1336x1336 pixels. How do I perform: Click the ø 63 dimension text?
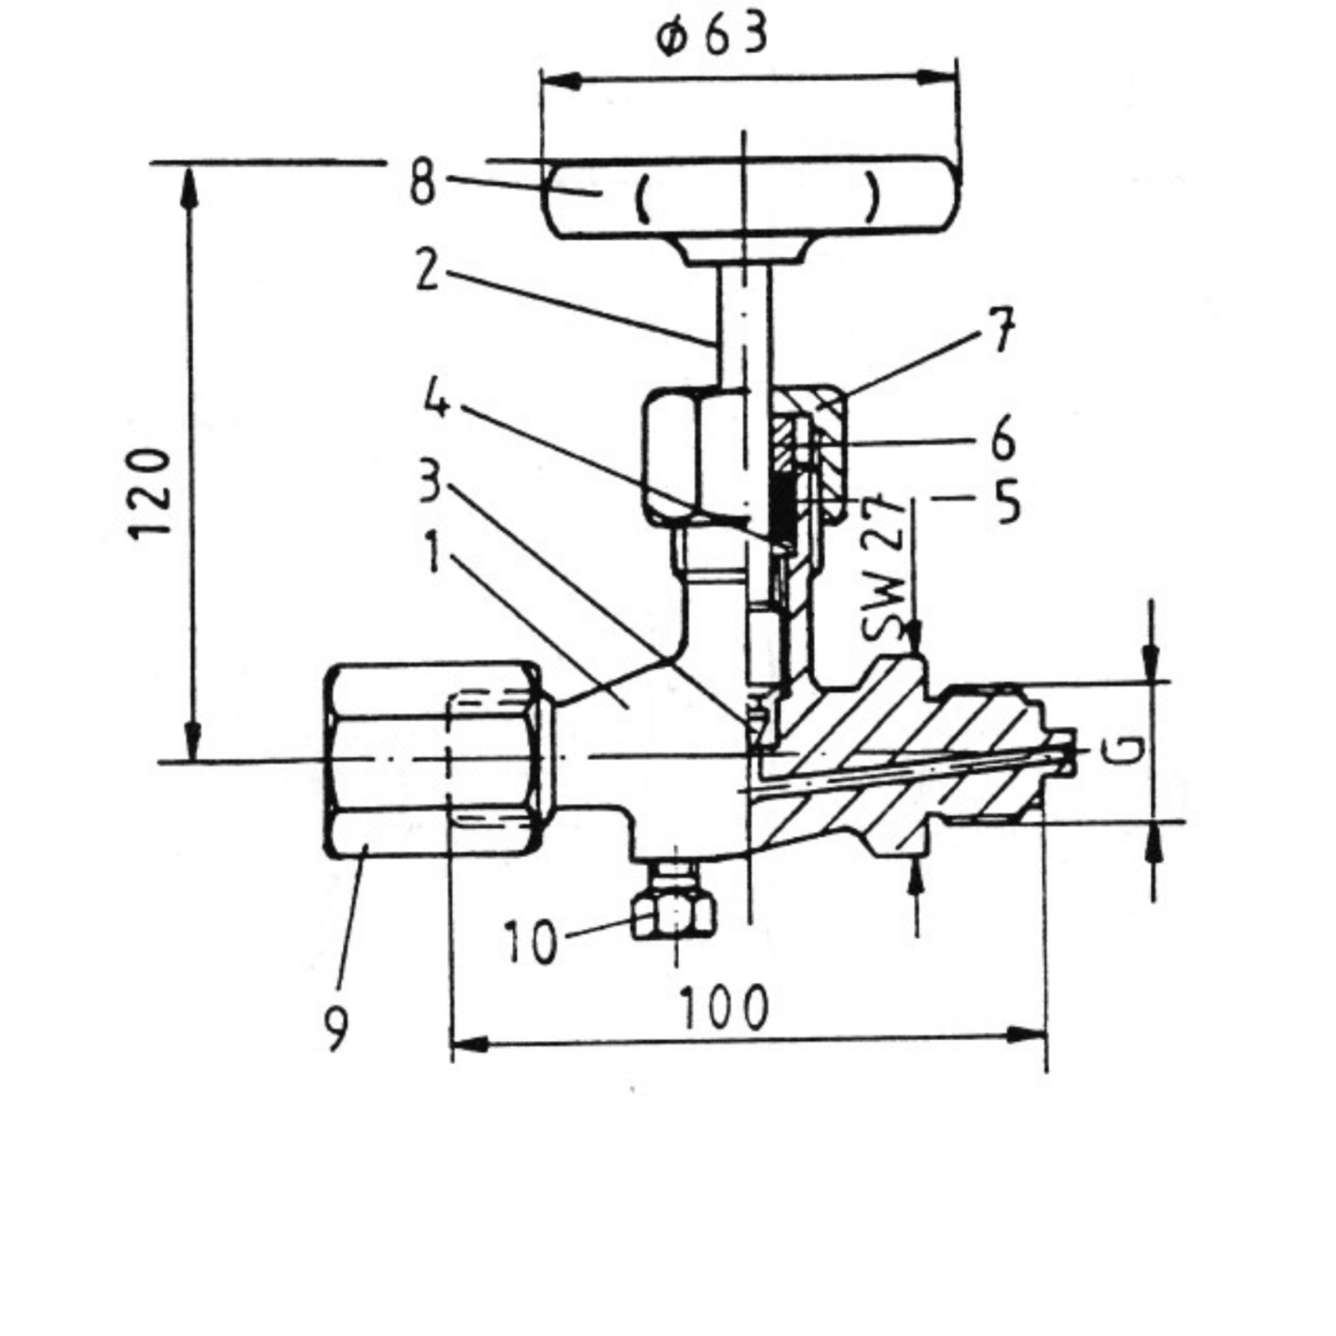pyautogui.click(x=712, y=37)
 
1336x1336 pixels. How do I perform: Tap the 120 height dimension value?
pyautogui.click(x=150, y=494)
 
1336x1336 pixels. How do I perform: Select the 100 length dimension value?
pyautogui.click(x=724, y=1008)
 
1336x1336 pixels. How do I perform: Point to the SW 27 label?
pyautogui.click(x=884, y=569)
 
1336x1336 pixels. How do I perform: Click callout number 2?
pyautogui.click(x=427, y=270)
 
